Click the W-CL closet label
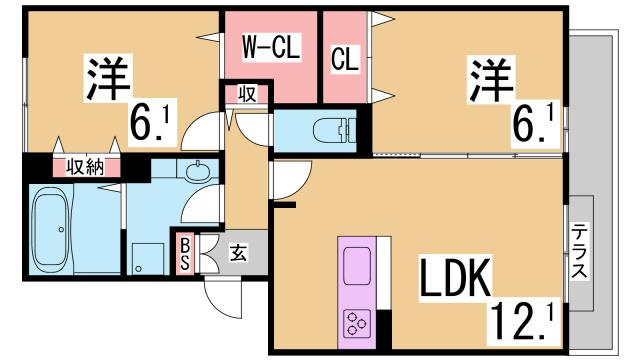coord(270,46)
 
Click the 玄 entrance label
coord(240,252)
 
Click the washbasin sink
coord(196,170)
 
